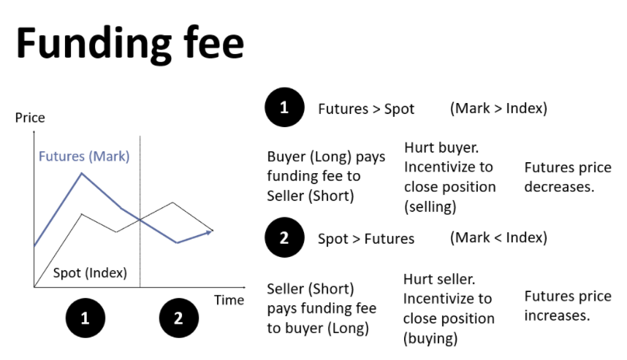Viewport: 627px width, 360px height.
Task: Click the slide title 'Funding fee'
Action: point(130,44)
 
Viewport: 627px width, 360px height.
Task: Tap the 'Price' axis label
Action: point(30,118)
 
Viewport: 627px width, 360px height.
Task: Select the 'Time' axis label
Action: point(229,300)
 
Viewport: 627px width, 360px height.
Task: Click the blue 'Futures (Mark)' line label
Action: point(84,156)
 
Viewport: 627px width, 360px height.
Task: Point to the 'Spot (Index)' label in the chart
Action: point(90,273)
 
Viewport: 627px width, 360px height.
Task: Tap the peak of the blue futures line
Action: point(82,173)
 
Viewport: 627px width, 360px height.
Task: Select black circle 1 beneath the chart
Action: point(85,318)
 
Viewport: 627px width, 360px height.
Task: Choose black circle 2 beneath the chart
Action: point(179,318)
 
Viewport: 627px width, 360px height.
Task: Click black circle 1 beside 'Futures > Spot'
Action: point(284,107)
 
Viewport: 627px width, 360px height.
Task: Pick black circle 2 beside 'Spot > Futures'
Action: point(284,238)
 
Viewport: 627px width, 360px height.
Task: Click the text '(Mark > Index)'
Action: point(498,108)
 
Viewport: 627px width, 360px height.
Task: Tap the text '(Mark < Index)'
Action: point(498,238)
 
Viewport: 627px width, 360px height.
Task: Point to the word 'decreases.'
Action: point(559,187)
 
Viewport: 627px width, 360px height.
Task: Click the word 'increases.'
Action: point(557,315)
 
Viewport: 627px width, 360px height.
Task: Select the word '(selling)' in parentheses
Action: point(430,207)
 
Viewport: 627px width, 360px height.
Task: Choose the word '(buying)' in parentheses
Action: point(430,338)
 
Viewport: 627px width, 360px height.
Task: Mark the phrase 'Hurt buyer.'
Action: point(441,148)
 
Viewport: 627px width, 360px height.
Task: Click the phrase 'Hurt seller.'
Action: point(439,279)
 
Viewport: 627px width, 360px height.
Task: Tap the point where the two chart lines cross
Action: point(140,219)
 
